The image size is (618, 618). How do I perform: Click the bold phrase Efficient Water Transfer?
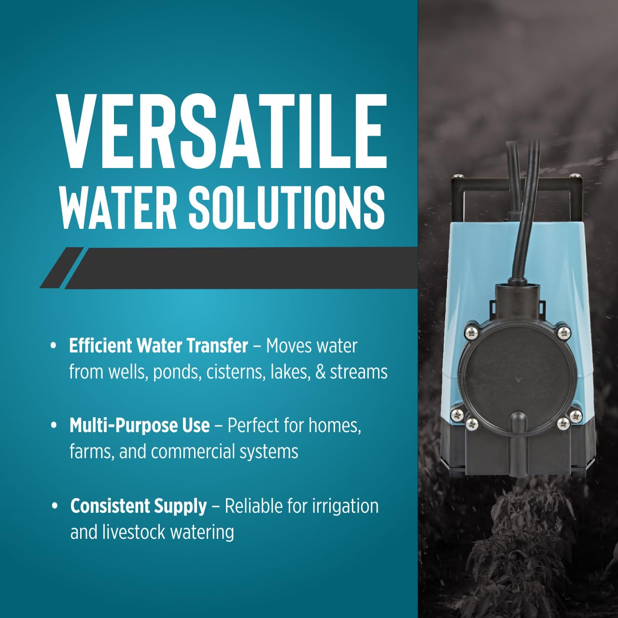[158, 346]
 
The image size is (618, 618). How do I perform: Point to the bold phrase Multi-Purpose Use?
[140, 425]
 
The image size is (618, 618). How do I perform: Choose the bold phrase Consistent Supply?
[139, 506]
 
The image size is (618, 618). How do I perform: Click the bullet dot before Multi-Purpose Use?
[54, 425]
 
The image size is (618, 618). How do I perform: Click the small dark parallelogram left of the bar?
[62, 267]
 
